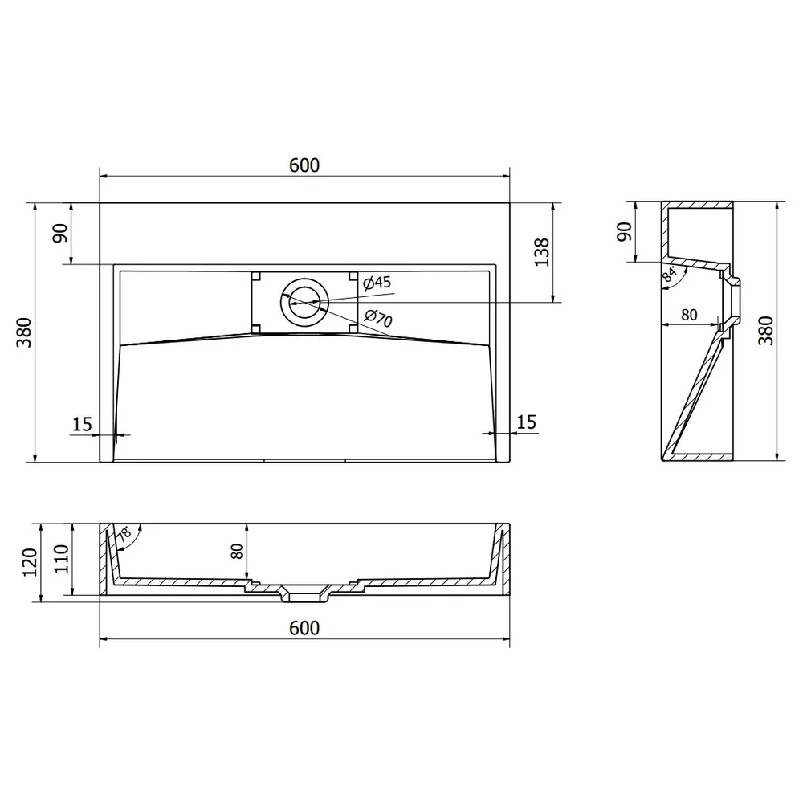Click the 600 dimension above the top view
pos(304,165)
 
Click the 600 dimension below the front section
pos(304,628)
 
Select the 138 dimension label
pos(542,252)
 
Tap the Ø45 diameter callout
pos(377,283)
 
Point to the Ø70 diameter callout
pos(378,318)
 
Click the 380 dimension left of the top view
pos(24,332)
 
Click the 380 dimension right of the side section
pos(765,330)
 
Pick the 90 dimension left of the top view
pos(60,233)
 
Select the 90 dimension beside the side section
pos(624,231)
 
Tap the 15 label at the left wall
pos(82,425)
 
